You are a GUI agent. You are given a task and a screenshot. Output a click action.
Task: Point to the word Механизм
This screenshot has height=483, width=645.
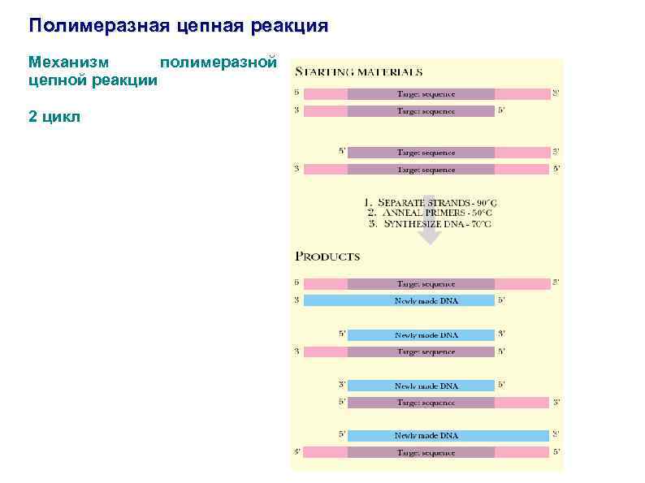pyautogui.click(x=71, y=62)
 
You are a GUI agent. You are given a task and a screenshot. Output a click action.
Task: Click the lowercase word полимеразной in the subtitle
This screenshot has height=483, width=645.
pyautogui.click(x=219, y=62)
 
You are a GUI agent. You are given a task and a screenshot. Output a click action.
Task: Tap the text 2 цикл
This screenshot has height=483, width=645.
pyautogui.click(x=54, y=117)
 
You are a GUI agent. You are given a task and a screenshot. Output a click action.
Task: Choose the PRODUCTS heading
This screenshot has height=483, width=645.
pyautogui.click(x=327, y=256)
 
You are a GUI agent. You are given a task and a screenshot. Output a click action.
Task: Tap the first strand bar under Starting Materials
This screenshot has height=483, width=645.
pyautogui.click(x=426, y=93)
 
